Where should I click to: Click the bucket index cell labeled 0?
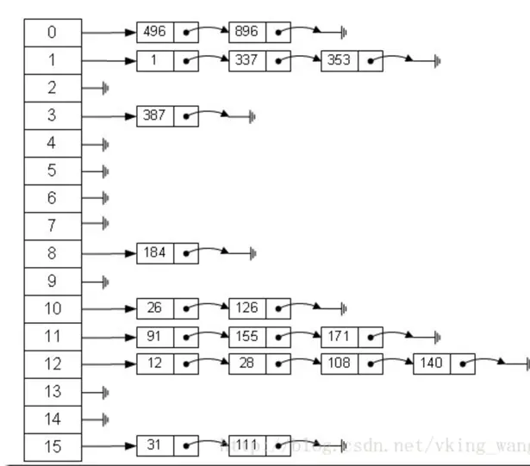(x=52, y=33)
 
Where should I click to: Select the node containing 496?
(x=155, y=33)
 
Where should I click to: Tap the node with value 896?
(x=247, y=33)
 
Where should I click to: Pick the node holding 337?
(x=247, y=61)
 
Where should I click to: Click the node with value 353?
(x=340, y=61)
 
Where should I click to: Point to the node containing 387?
(x=155, y=115)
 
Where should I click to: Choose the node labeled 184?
(x=155, y=253)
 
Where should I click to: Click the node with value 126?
(x=247, y=308)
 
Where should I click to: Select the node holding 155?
(x=247, y=336)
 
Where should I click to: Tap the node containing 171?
(x=340, y=336)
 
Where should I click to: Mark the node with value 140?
(x=432, y=363)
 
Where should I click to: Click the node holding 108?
(x=340, y=363)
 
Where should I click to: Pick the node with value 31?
(x=155, y=446)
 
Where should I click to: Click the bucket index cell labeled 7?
(x=52, y=226)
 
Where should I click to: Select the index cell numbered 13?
(x=52, y=391)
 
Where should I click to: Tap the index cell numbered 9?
(x=52, y=281)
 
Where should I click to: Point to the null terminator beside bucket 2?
(x=104, y=89)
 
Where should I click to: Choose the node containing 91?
(x=155, y=336)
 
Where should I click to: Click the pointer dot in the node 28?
(x=278, y=363)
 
